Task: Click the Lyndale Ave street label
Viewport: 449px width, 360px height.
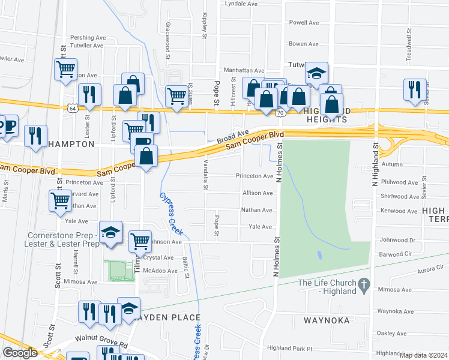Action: coord(241,4)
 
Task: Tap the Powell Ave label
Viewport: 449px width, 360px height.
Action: coord(304,23)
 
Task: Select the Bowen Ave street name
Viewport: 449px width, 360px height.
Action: coord(303,44)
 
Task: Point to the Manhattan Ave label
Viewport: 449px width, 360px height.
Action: coord(244,70)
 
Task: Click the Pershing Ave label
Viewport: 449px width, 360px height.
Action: coord(88,37)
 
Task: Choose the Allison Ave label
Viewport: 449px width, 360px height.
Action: coord(258,193)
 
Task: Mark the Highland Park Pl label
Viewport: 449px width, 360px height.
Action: coord(291,348)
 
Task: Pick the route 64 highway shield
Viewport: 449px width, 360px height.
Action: coord(73,107)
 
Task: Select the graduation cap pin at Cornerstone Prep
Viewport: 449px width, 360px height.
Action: coord(111,233)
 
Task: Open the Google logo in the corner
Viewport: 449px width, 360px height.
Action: coord(19,353)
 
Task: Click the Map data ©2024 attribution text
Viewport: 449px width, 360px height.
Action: coord(423,355)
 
